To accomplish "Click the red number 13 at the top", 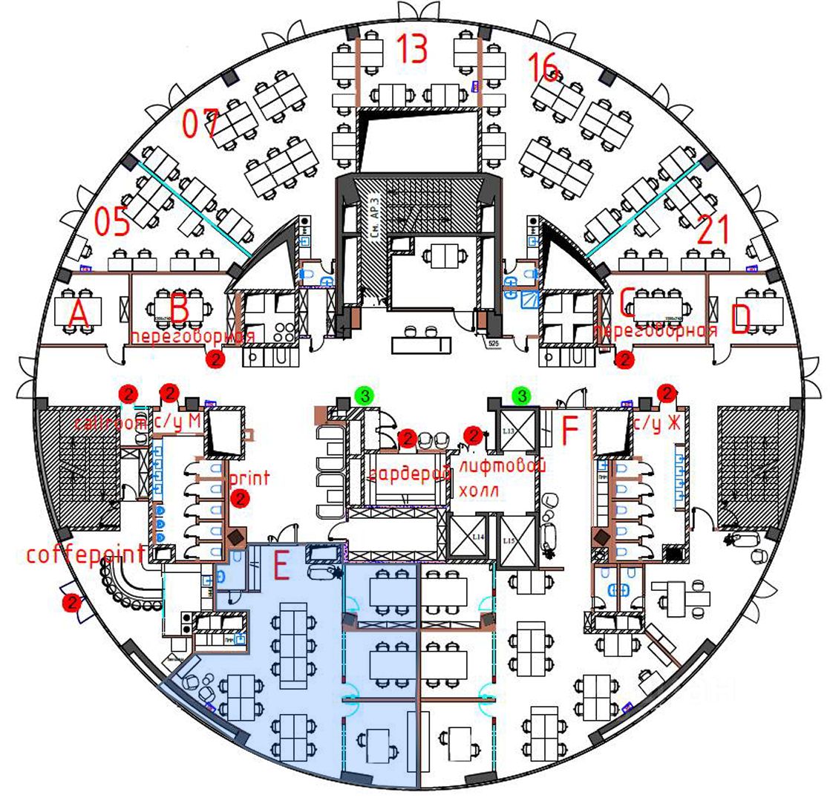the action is click(x=411, y=49).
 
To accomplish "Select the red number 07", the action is click(x=200, y=123).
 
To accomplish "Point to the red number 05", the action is click(x=113, y=221).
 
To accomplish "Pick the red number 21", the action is click(x=715, y=231).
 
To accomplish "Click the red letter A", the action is click(x=78, y=315).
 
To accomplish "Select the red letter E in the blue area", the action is click(x=281, y=567).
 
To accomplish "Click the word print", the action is click(x=250, y=477).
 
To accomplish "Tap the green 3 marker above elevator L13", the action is click(x=523, y=396).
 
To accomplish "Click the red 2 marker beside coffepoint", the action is click(x=72, y=603).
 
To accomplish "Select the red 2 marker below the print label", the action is click(x=239, y=500).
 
